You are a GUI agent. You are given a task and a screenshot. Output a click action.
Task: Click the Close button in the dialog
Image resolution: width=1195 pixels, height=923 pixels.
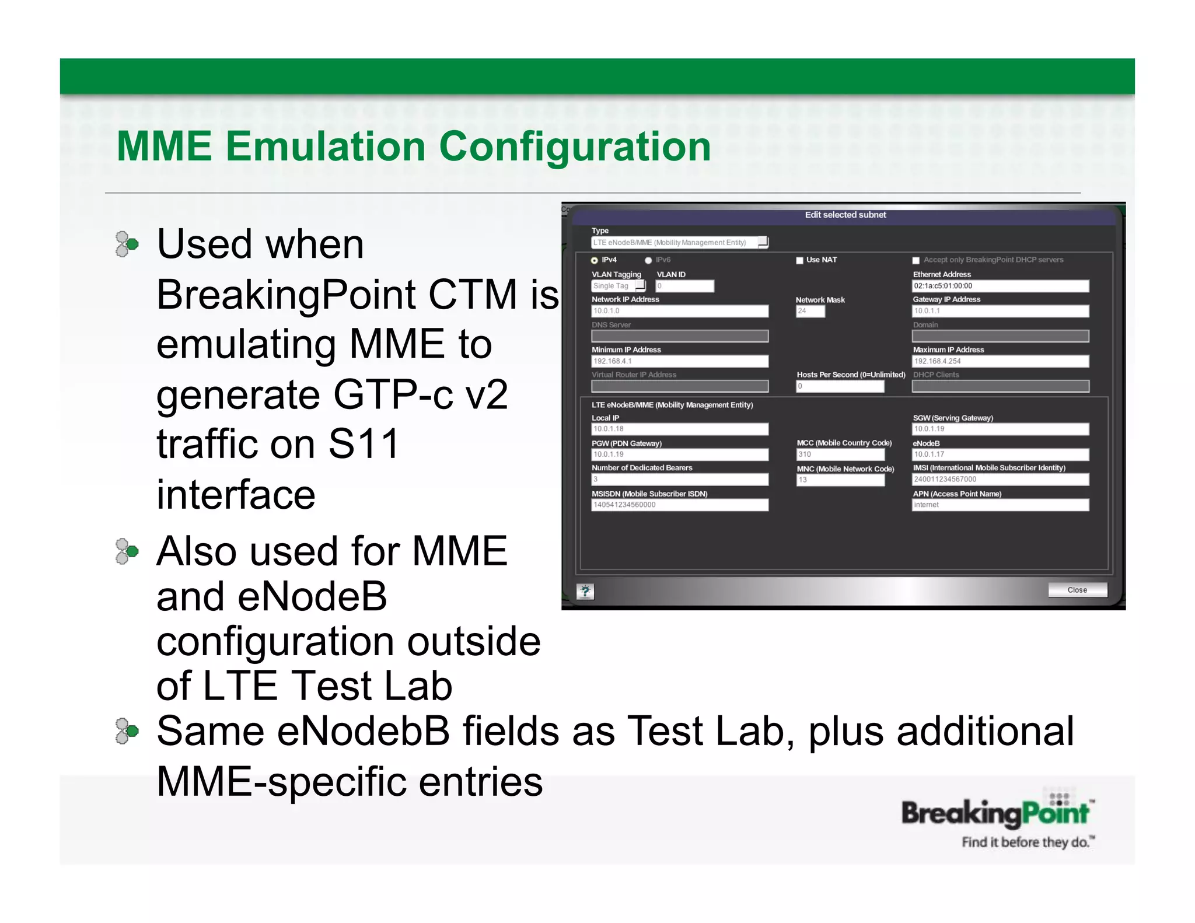tap(1077, 590)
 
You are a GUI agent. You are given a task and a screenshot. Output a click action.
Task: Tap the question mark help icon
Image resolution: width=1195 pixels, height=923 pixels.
tap(585, 592)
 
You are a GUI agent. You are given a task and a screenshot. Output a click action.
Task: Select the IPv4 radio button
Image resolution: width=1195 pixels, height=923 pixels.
tap(594, 260)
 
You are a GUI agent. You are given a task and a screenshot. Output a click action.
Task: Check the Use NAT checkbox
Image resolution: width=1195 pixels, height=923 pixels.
tap(799, 260)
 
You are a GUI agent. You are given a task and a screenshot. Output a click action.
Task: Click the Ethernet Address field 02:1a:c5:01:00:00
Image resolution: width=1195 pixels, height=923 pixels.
tap(1000, 286)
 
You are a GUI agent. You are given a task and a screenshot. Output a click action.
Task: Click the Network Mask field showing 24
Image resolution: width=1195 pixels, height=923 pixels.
tap(810, 311)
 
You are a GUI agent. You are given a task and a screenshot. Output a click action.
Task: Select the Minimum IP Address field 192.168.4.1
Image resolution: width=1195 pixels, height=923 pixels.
tap(679, 361)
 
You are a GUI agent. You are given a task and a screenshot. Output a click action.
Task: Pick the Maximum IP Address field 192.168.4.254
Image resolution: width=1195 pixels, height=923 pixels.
tap(1000, 361)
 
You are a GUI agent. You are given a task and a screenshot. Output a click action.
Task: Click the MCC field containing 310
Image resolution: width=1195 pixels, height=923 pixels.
tap(840, 454)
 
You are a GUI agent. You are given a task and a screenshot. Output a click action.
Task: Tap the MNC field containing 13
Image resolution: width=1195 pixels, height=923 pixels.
tap(840, 480)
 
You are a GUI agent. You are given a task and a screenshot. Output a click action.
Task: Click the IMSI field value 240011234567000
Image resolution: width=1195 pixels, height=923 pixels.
tap(1000, 480)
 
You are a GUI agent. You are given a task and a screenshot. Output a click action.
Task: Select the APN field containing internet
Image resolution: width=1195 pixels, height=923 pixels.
tap(1000, 505)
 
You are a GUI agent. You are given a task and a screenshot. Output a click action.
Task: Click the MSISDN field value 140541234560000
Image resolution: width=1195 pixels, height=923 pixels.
tap(679, 505)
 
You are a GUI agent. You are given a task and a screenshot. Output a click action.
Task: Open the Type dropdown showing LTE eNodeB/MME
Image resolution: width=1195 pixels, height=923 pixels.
tap(679, 242)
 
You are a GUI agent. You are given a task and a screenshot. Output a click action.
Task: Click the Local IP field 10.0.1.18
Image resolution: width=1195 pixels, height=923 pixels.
tap(679, 429)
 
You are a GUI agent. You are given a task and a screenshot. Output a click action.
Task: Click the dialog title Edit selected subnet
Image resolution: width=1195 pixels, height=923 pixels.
tap(845, 215)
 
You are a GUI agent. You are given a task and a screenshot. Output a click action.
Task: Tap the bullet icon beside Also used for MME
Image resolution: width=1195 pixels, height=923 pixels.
tap(127, 551)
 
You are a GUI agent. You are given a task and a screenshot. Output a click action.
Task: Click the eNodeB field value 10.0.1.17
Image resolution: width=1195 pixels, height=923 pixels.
tap(1000, 454)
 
